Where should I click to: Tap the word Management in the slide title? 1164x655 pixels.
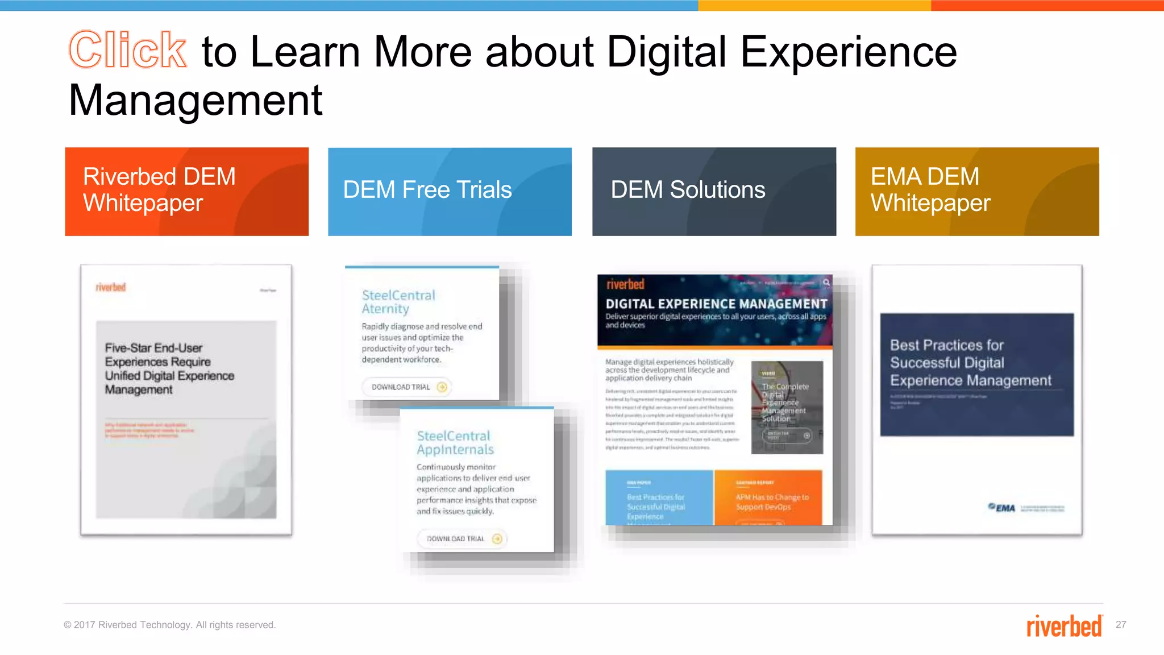point(196,101)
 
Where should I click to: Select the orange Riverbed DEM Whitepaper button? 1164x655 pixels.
point(186,192)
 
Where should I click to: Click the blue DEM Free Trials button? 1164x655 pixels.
point(450,192)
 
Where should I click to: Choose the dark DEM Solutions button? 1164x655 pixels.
point(714,192)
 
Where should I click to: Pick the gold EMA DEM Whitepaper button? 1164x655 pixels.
point(976,192)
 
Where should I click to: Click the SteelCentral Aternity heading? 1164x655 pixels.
point(398,302)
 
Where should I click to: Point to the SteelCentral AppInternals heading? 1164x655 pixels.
point(454,442)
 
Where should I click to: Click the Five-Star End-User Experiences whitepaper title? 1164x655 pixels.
point(169,368)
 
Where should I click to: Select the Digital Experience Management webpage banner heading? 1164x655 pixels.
point(716,304)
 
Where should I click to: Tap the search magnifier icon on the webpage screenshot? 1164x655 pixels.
point(826,283)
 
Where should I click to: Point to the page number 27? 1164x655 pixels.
point(1121,624)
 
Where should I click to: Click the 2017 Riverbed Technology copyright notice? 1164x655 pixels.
point(169,625)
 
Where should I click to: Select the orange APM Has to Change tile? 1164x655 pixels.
point(768,498)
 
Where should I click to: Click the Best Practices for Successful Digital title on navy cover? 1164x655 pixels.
point(970,363)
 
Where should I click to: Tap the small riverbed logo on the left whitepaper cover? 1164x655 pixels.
point(110,287)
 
